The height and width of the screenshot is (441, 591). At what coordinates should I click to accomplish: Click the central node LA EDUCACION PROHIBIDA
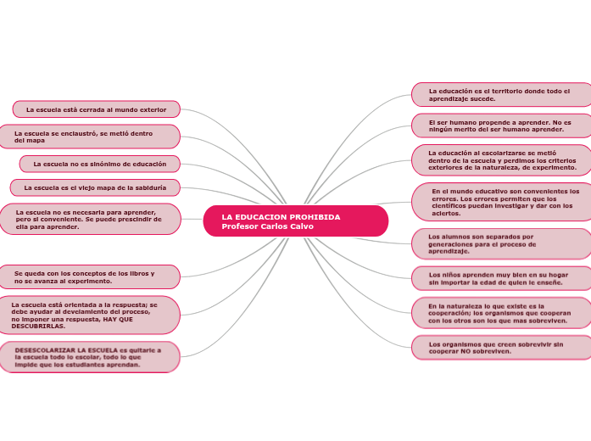(x=281, y=217)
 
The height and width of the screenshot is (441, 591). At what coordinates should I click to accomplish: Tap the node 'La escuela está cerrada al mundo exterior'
(x=96, y=109)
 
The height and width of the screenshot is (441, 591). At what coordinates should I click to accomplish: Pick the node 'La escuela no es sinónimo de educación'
(x=99, y=163)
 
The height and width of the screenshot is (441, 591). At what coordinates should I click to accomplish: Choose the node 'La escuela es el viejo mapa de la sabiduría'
(x=95, y=187)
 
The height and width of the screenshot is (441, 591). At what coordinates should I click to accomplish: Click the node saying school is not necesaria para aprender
(x=89, y=219)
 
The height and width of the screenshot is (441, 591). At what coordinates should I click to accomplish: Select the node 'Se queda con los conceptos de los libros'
(x=89, y=276)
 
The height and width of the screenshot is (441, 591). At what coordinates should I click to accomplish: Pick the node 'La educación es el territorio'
(x=500, y=94)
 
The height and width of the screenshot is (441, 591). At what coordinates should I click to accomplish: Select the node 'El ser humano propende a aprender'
(x=500, y=126)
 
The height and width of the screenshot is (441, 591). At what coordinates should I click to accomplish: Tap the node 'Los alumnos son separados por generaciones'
(x=500, y=243)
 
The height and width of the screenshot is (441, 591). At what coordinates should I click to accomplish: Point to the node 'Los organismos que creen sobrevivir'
(x=500, y=347)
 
